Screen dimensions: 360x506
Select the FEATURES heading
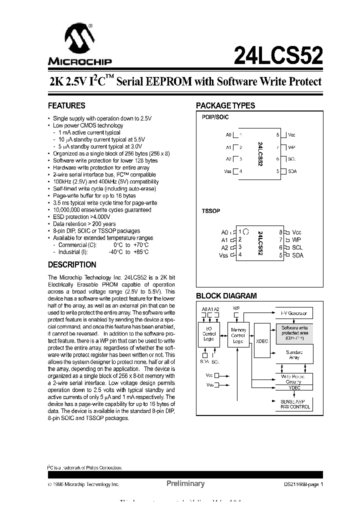coord(66,106)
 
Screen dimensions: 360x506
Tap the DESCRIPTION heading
coord(72,265)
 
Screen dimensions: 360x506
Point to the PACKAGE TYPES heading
coord(225,106)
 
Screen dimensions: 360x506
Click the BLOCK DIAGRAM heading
coord(226,296)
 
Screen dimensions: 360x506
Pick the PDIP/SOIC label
coord(215,117)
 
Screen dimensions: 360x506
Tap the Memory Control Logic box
coord(238,335)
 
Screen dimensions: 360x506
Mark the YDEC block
coord(294,387)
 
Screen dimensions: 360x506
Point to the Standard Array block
coord(294,355)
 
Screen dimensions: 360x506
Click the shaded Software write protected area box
coord(294,332)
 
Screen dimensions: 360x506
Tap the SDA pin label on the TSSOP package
coord(297,255)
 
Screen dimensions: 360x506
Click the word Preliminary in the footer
coord(185,483)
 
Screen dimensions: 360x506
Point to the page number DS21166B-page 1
coord(300,484)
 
